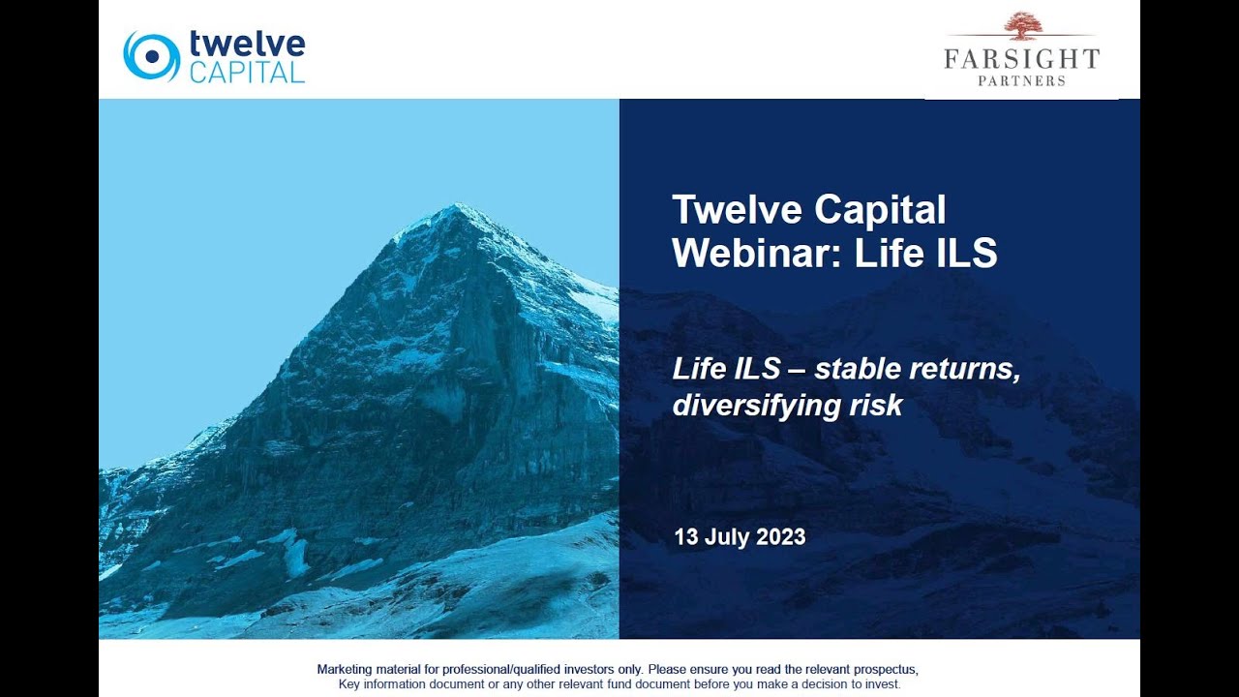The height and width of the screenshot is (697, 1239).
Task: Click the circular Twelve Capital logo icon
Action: [x=151, y=56]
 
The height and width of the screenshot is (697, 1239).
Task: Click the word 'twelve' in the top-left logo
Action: [x=247, y=44]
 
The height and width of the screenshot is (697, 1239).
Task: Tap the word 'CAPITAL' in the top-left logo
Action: [x=247, y=73]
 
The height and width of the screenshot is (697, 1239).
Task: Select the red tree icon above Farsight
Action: [x=1022, y=26]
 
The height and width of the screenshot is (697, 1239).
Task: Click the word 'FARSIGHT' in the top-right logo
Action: [x=1021, y=58]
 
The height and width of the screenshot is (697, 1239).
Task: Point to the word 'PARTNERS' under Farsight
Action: [x=1021, y=81]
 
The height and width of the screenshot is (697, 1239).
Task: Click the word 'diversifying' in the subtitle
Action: [x=755, y=405]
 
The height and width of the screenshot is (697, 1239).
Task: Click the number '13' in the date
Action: [x=686, y=537]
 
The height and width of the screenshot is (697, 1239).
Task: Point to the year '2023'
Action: [x=781, y=537]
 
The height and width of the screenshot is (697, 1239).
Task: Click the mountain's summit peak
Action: [x=455, y=207]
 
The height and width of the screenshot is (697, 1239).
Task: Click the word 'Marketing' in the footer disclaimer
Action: [x=347, y=669]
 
